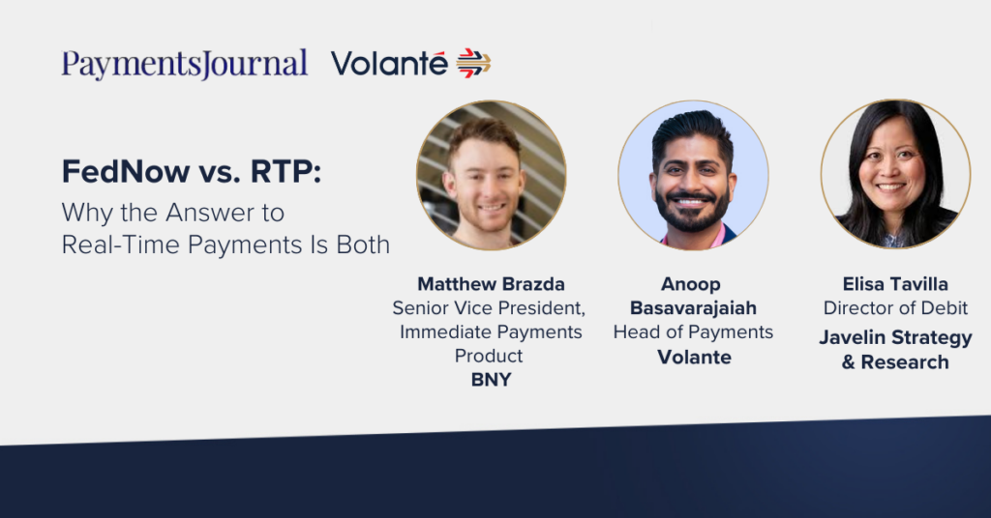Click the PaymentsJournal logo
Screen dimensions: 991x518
click(185, 64)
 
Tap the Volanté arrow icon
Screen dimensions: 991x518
click(473, 63)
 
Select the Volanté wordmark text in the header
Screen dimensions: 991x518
click(389, 63)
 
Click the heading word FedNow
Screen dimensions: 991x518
click(126, 172)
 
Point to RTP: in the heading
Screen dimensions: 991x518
click(285, 172)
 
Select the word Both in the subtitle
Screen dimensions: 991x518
click(363, 245)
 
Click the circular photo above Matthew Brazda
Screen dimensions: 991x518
click(491, 175)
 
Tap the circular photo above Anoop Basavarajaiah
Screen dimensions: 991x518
click(693, 175)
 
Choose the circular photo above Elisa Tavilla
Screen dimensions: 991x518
click(895, 174)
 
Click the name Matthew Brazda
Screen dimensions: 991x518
click(491, 284)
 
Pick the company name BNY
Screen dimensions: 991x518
click(491, 380)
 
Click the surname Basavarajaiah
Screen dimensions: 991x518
click(693, 308)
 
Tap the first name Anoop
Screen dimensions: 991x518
click(691, 284)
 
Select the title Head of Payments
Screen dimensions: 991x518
click(693, 331)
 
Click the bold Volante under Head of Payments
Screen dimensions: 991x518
click(694, 358)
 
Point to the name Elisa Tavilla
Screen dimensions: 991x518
click(895, 284)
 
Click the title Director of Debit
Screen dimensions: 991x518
click(895, 308)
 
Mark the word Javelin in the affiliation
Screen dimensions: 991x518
click(852, 337)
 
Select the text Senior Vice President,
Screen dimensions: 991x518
click(489, 308)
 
